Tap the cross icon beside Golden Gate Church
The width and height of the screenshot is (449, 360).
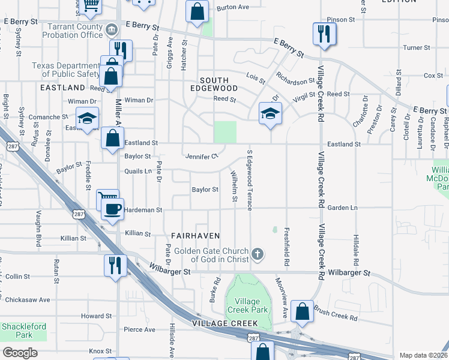[258, 254]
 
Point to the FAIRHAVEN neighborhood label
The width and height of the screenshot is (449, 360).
[196, 236]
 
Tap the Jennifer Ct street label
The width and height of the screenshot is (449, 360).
[201, 157]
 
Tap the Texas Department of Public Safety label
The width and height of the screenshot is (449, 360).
[66, 70]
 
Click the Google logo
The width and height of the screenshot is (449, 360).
[20, 352]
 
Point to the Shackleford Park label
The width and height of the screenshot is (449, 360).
[16, 330]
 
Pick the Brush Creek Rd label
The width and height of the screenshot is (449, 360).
[336, 314]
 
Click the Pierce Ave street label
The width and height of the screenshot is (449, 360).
[139, 329]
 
